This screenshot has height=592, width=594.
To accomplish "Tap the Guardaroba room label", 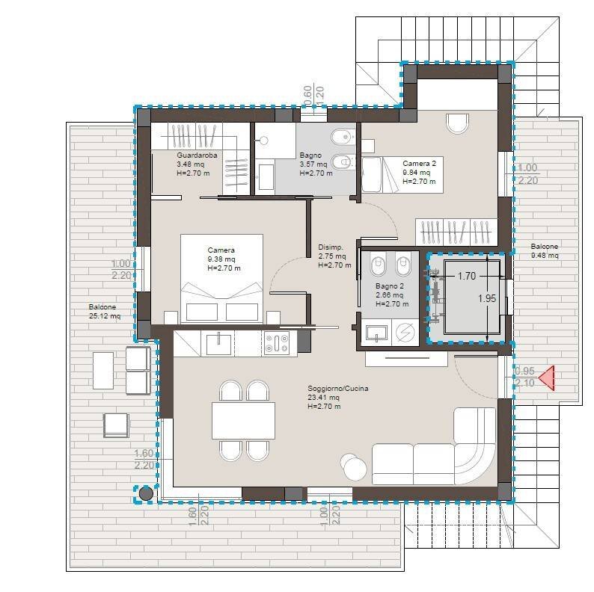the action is pos(197,164).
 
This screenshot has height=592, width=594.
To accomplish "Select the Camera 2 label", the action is pos(420,172).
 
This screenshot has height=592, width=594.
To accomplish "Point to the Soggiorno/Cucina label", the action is pos(338,397).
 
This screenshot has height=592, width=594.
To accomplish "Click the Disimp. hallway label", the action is pos(334,256).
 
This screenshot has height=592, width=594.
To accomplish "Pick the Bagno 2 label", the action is pos(392,295).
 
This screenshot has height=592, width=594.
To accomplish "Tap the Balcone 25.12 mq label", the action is pos(105,311).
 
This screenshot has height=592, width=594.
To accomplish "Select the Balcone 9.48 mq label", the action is pos(545,250).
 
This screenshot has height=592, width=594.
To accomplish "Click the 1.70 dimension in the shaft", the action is pos(466,276).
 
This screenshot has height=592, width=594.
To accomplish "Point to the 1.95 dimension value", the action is pos(487,298).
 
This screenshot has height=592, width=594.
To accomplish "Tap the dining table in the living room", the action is pos(244,421).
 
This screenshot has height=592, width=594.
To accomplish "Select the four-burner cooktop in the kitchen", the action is pos(277,343).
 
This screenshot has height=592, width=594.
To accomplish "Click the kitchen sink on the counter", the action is pos(218,343).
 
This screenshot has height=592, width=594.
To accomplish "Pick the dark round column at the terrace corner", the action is pos(146,493).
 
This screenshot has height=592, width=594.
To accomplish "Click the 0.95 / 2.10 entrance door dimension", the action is pos(524,377).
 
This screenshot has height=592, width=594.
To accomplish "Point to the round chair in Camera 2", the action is pos(458,123).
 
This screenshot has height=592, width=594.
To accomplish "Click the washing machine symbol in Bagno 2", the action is pos(405,333).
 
